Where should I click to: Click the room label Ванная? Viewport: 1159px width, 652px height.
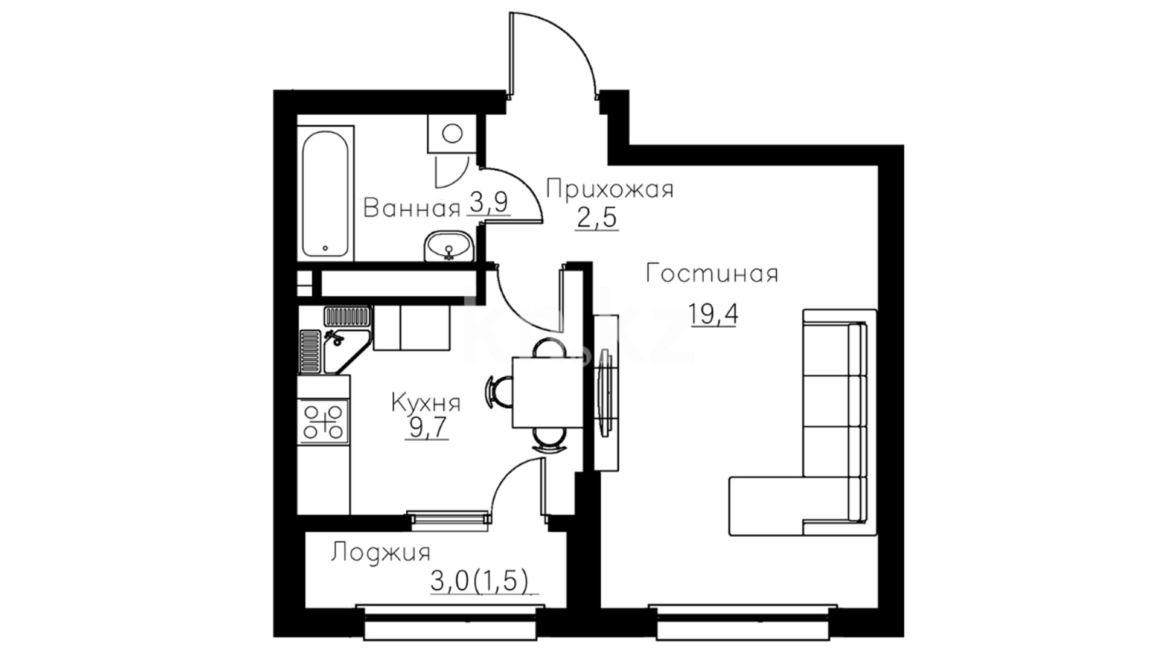(412, 209)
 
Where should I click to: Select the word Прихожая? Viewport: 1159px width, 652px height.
(610, 190)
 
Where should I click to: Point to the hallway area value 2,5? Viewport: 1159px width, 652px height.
(597, 217)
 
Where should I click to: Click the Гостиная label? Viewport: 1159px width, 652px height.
(712, 274)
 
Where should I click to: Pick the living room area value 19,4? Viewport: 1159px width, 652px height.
(714, 314)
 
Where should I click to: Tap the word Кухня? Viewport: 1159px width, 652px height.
(426, 403)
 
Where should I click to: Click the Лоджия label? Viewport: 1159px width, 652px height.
(380, 552)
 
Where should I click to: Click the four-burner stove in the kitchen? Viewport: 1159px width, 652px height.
(324, 421)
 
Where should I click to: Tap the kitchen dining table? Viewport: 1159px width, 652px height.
(543, 392)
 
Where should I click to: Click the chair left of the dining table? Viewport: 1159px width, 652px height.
(499, 391)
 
